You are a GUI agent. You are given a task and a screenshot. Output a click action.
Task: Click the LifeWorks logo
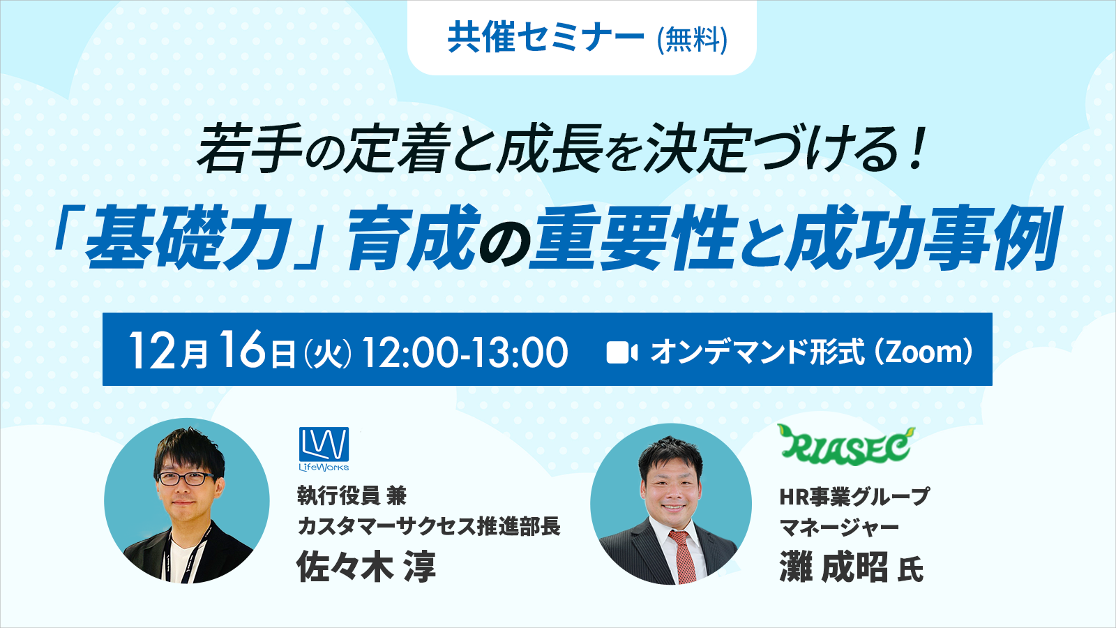coord(324,449)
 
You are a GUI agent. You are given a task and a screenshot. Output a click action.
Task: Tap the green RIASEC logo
coord(845,444)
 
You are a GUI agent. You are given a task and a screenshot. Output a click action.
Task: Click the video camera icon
coord(621,352)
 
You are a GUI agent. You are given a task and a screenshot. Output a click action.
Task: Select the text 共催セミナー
coord(545,38)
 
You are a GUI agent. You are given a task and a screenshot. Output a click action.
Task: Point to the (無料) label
coord(692,39)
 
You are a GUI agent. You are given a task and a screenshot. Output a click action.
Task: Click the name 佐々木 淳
coord(366,566)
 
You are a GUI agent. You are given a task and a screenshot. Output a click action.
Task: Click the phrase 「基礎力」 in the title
coord(188,238)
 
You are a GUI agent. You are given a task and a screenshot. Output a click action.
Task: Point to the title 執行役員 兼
coord(352,495)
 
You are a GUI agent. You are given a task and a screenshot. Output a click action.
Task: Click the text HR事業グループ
coord(854,496)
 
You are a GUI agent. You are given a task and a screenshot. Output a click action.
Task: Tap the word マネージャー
coord(839,528)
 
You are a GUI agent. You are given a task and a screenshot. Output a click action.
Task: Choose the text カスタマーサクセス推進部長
coord(429,526)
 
